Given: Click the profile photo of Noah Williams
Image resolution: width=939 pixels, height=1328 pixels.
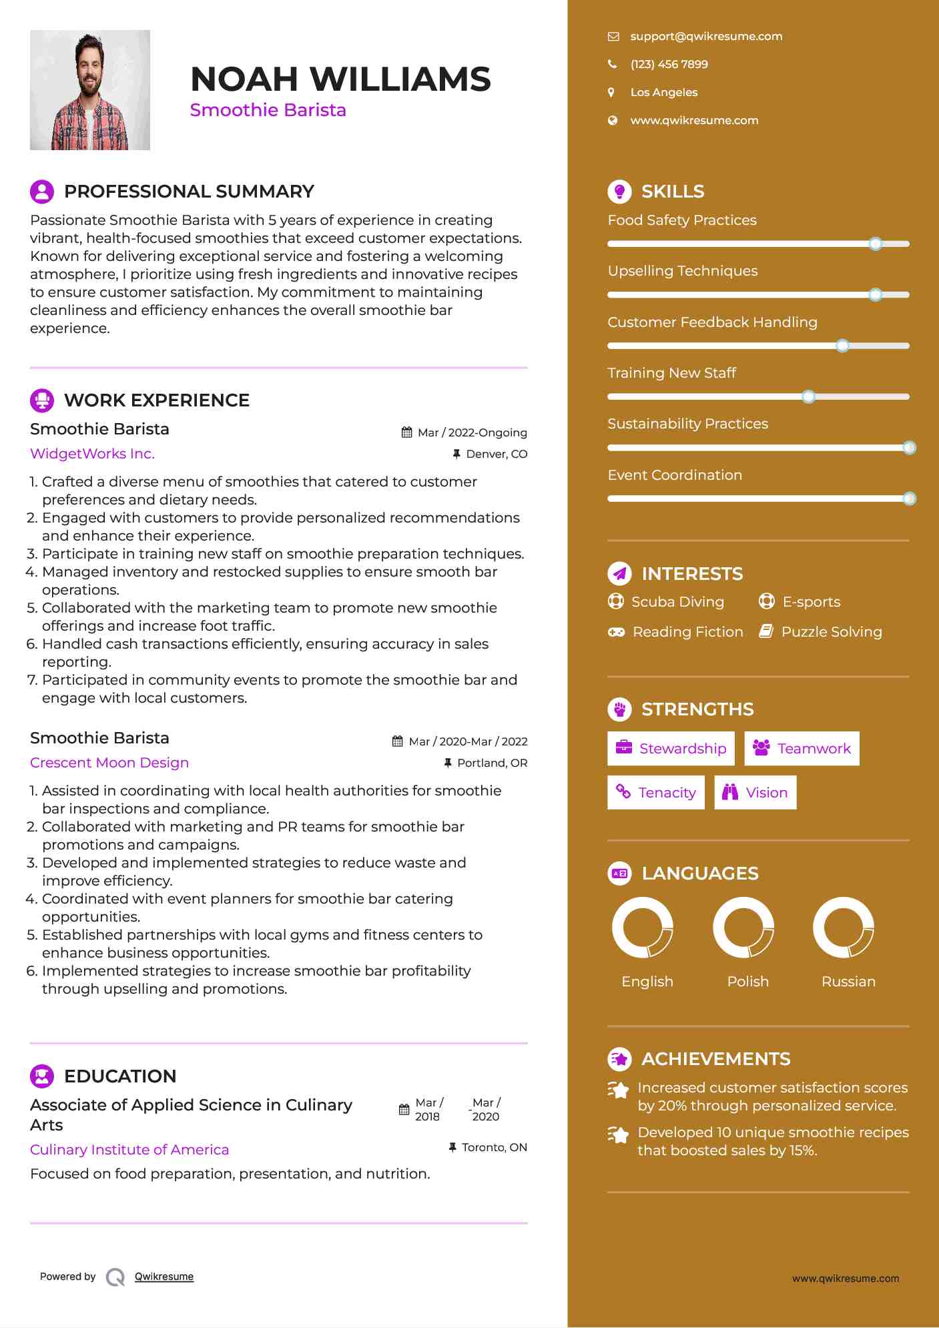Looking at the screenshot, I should click(90, 90).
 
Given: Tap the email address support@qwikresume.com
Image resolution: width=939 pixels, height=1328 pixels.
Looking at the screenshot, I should click(706, 37).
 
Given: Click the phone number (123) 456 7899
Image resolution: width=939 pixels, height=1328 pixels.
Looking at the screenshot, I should click(669, 65).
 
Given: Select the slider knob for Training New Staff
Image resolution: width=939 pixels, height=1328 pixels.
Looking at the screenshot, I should click(809, 397).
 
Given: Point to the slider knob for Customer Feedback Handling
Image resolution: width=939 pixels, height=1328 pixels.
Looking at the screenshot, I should click(843, 346).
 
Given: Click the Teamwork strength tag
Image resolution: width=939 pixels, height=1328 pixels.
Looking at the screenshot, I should click(802, 749).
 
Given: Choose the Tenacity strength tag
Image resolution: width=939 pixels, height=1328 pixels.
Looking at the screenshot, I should click(656, 793).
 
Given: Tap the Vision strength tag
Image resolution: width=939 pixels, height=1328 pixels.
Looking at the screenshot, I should click(755, 793).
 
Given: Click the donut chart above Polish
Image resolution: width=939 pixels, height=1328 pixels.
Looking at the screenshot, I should click(743, 928).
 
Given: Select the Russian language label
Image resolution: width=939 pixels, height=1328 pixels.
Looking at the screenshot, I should click(848, 982).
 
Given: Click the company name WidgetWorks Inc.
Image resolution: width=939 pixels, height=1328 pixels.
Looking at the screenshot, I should click(92, 454).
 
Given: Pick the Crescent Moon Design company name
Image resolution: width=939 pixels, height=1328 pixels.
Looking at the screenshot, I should click(109, 763).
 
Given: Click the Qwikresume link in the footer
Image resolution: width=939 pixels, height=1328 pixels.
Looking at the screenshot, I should click(164, 1277).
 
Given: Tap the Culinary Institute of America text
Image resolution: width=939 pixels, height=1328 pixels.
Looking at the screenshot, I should click(129, 1150).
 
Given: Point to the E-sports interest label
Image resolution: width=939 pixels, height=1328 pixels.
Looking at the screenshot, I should click(811, 602).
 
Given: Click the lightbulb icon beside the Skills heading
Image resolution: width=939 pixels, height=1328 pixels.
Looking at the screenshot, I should click(619, 192).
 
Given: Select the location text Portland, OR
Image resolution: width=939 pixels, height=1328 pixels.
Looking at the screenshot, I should click(492, 763).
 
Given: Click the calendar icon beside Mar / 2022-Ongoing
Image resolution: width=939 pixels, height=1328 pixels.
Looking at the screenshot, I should click(406, 432).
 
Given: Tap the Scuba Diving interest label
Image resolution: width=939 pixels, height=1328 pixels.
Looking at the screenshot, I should click(677, 602).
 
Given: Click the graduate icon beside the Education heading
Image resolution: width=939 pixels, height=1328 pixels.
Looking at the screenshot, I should click(42, 1076).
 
